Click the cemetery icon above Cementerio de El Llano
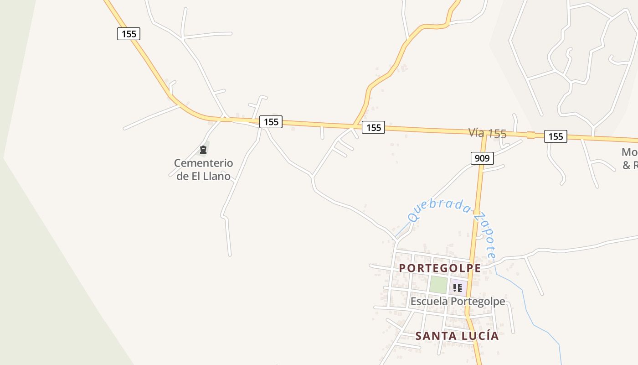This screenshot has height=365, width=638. coord(203,149)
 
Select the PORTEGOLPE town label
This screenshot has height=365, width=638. coord(440,268)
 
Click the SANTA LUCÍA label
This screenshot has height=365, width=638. coord(457,336)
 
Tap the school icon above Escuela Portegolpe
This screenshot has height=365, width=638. coord(458,288)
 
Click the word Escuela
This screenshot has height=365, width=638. coord(429,302)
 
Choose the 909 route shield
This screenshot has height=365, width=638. coord(482,158)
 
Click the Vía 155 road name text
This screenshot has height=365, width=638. coord(487,133)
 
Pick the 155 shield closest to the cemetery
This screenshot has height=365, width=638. coord(271,122)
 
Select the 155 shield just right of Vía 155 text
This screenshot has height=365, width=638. coord(556,136)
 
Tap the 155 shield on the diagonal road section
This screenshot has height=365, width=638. coord(129,34)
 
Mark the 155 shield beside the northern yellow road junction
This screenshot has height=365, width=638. coord(373,128)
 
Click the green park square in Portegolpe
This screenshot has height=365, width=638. coord(438,285)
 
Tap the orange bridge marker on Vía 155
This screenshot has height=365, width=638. coord(530,135)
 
